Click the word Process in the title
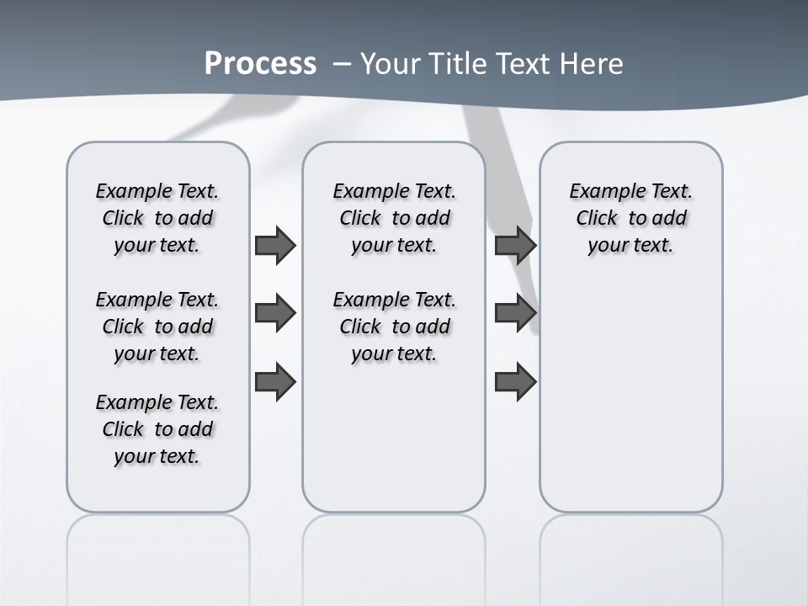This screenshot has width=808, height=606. (260, 63)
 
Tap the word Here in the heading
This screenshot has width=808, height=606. (593, 64)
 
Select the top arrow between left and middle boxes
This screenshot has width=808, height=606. (275, 246)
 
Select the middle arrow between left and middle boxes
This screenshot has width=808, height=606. (275, 314)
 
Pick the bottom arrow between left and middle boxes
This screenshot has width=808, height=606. (275, 382)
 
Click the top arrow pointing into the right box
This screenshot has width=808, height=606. (515, 246)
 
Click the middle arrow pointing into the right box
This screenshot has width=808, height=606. (515, 314)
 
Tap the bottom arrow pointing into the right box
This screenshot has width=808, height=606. (515, 382)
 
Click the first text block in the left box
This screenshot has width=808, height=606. (157, 218)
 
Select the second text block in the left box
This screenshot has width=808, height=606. (157, 327)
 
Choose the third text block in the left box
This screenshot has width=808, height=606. (157, 429)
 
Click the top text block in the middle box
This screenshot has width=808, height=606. (394, 218)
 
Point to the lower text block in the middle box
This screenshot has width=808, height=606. (394, 327)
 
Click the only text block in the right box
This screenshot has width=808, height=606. (630, 218)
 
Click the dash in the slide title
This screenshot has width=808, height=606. (342, 64)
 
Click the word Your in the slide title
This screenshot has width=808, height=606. (391, 64)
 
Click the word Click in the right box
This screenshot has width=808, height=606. (597, 219)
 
